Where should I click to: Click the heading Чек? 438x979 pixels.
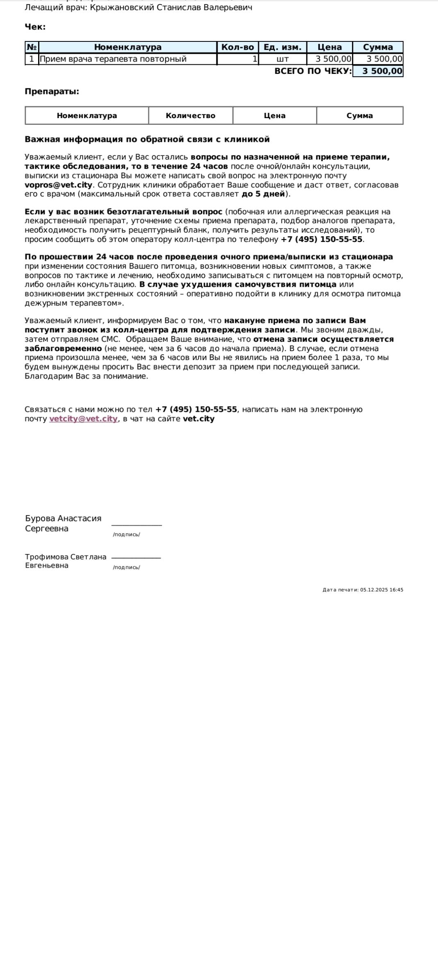click(x=35, y=27)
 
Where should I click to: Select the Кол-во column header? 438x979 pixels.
click(x=238, y=47)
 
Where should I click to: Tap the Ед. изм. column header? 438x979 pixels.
click(x=283, y=47)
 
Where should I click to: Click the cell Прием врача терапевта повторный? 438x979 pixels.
click(x=113, y=59)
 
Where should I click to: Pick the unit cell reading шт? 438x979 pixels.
click(x=283, y=59)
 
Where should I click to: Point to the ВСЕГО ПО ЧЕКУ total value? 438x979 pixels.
click(x=378, y=71)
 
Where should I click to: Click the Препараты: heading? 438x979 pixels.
click(x=52, y=91)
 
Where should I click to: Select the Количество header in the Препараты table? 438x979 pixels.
click(x=191, y=116)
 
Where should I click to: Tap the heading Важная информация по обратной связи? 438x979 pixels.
click(x=147, y=139)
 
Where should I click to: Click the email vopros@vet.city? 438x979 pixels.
click(x=59, y=185)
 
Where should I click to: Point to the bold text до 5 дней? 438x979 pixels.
click(x=263, y=194)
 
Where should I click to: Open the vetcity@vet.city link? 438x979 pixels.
click(x=83, y=419)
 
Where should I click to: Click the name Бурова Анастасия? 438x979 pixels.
click(x=63, y=518)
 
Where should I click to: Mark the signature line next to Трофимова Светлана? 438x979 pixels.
click(x=136, y=558)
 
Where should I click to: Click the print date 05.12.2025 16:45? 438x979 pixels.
click(x=381, y=590)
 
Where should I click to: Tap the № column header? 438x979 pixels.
click(x=32, y=47)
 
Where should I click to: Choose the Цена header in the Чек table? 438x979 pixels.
click(x=329, y=47)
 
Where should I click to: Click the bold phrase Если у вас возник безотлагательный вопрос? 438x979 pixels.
click(x=123, y=212)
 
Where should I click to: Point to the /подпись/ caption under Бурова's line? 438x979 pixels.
click(x=126, y=534)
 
